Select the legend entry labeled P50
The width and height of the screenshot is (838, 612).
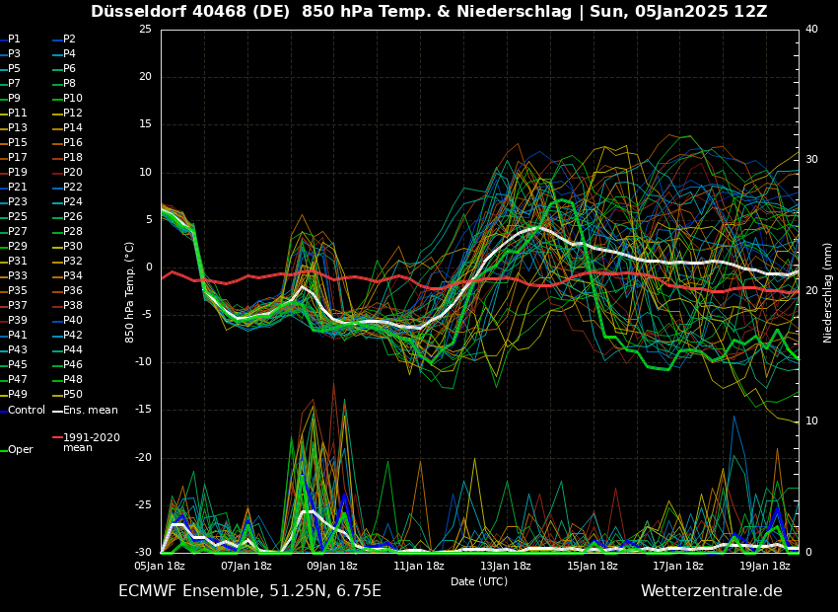coord(72,395)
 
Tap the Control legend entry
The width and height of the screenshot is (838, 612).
coord(26,410)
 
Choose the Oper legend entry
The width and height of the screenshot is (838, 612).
coord(20,450)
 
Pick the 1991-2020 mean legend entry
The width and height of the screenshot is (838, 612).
coord(91,442)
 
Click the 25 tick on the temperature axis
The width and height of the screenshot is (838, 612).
coord(145,30)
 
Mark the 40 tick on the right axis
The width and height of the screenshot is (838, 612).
coord(811,30)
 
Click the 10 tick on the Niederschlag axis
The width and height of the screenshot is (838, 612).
coord(811,421)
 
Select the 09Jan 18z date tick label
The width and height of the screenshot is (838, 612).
coord(332,566)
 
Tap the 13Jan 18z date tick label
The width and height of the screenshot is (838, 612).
coord(506,566)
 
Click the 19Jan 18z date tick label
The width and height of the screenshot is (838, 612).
coord(765,566)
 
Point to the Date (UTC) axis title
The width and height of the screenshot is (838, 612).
coord(479,582)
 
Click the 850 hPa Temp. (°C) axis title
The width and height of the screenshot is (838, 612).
coord(130,291)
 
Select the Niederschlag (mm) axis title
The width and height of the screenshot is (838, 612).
coord(828,292)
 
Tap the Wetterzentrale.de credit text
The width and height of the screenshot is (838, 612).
coord(711,591)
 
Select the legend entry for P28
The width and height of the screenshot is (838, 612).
coord(72,232)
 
